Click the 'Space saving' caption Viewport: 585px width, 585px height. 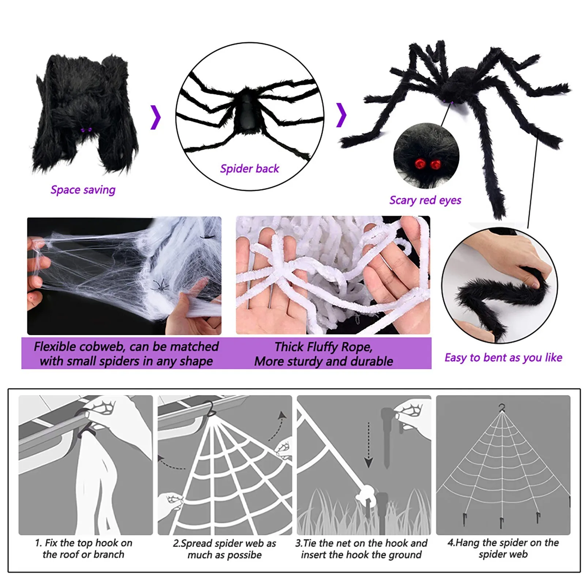pyautogui.click(x=83, y=190)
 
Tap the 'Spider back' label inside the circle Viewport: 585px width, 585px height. pyautogui.click(x=249, y=169)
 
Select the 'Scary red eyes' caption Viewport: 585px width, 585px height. pyautogui.click(x=425, y=200)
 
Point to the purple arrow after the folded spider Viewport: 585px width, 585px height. pyautogui.click(x=156, y=117)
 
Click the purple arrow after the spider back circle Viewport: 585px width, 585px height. pyautogui.click(x=341, y=115)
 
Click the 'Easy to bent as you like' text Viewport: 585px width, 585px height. pyautogui.click(x=503, y=358)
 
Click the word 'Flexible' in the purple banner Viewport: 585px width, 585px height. pyautogui.click(x=55, y=347)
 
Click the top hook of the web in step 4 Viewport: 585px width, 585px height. pyautogui.click(x=502, y=408)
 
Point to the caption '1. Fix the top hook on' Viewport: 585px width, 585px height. pyautogui.click(x=83, y=543)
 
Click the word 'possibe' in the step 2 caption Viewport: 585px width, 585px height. pyautogui.click(x=244, y=555)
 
